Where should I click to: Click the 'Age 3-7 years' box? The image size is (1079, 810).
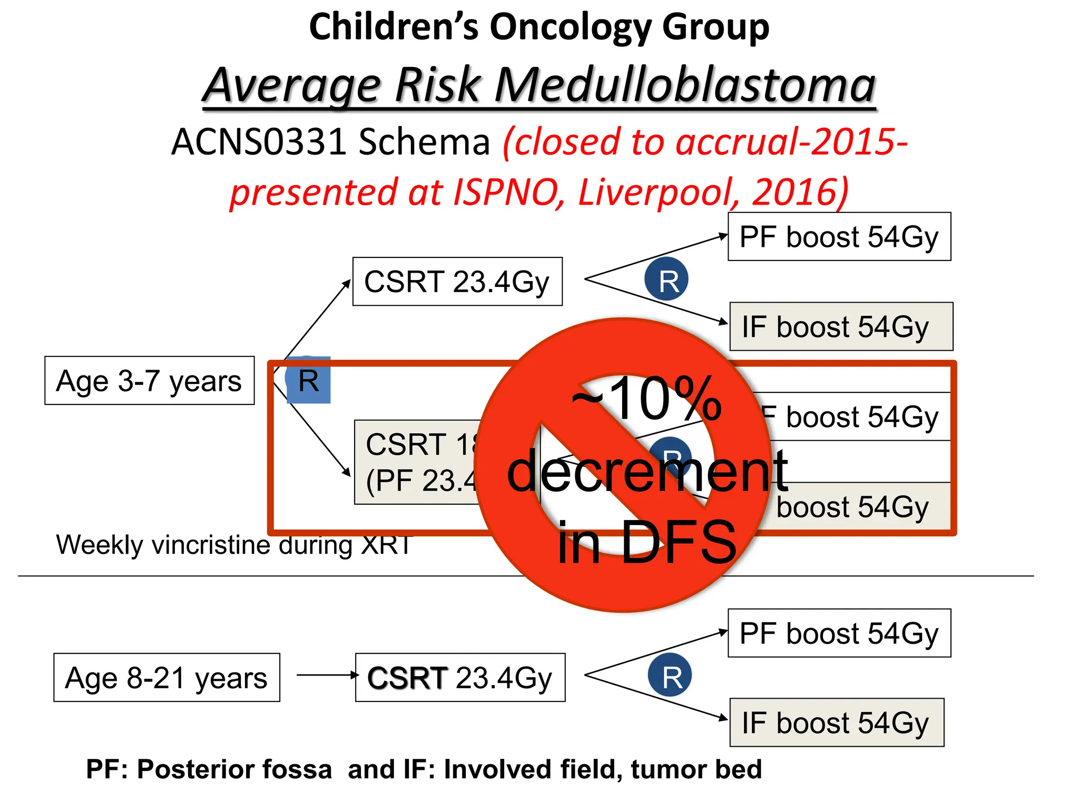pyautogui.click(x=149, y=381)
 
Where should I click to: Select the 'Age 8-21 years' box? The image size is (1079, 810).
pyautogui.click(x=166, y=678)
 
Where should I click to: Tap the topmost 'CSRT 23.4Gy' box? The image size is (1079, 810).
pyautogui.click(x=457, y=282)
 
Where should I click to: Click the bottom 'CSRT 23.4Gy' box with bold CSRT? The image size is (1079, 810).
pyautogui.click(x=460, y=678)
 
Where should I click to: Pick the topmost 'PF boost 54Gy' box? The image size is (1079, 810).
pyautogui.click(x=839, y=237)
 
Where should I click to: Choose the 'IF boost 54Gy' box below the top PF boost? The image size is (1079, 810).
pyautogui.click(x=841, y=326)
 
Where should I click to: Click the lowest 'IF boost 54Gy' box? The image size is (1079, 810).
pyautogui.click(x=837, y=722)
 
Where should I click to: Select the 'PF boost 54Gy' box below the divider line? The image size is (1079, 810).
pyautogui.click(x=839, y=633)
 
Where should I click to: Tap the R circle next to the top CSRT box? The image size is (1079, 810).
pyautogui.click(x=666, y=279)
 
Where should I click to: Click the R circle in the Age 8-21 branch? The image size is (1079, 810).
pyautogui.click(x=670, y=675)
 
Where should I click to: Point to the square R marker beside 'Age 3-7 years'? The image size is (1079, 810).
pyautogui.click(x=309, y=380)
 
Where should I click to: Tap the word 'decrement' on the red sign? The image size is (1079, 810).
pyautogui.click(x=647, y=470)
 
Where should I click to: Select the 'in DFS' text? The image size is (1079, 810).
pyautogui.click(x=647, y=542)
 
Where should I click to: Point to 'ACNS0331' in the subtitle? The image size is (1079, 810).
pyautogui.click(x=258, y=142)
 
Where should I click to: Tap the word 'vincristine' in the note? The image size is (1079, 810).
pyautogui.click(x=211, y=545)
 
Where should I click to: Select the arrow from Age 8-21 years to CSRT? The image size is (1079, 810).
pyautogui.click(x=327, y=675)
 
